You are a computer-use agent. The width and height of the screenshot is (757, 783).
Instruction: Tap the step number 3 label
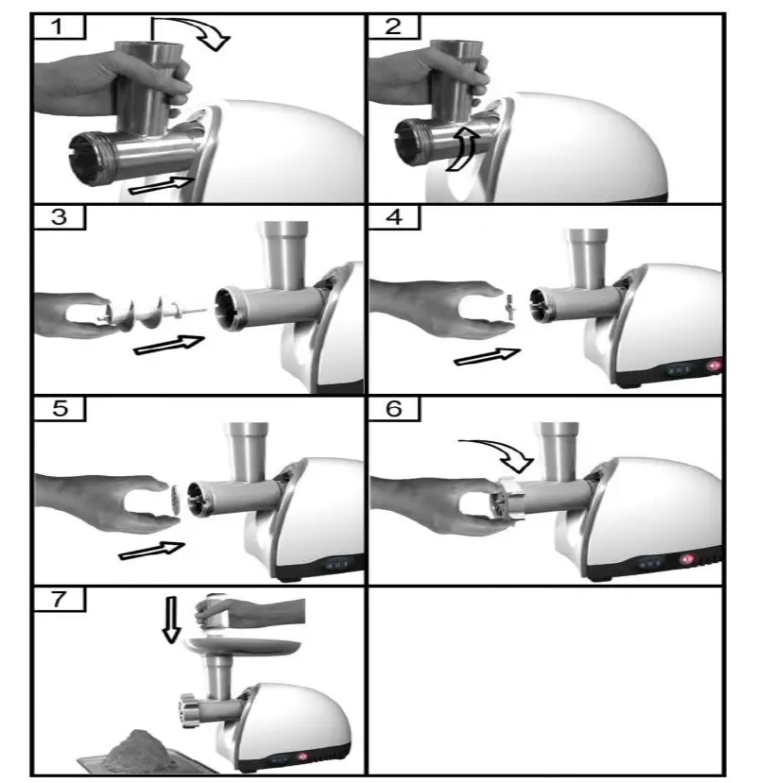[59, 217]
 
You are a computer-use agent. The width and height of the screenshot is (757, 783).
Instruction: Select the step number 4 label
[393, 217]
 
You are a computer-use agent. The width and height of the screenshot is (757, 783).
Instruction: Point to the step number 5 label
[59, 409]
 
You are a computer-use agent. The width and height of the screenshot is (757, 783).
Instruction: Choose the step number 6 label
[393, 409]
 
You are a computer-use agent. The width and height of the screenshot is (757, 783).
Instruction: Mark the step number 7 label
[59, 600]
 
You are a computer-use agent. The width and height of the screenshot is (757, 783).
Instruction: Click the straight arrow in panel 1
[161, 185]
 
